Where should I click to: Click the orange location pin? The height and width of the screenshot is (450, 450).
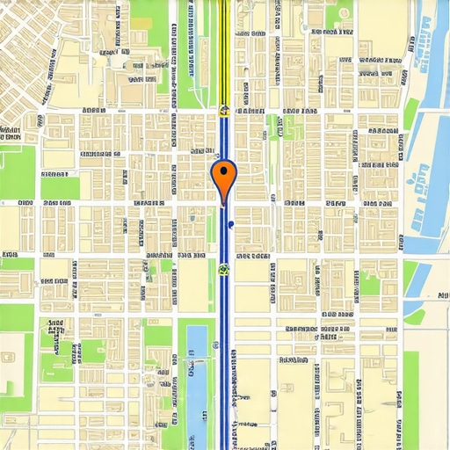[225, 177]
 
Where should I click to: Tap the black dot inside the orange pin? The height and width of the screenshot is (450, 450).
[225, 171]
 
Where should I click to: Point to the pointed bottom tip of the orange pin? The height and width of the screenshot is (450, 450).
[225, 203]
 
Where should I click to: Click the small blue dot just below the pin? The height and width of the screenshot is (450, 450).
[229, 225]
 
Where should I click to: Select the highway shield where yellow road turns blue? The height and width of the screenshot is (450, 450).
[225, 111]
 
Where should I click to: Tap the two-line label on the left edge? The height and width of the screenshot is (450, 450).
[10, 134]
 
